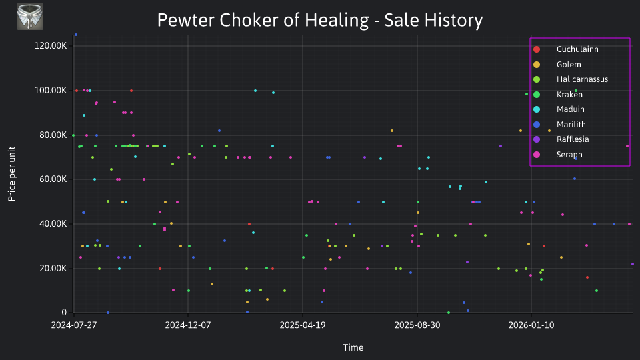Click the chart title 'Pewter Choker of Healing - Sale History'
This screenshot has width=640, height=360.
coord(320,20)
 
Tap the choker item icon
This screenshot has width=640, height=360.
coord(30,17)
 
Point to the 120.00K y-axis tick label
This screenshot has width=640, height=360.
coord(51,46)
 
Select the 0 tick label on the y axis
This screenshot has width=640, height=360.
coord(64,312)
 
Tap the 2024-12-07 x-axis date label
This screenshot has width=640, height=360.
coord(188,325)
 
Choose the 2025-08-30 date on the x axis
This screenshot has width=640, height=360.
coord(417,325)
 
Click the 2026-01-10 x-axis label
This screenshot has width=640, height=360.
coord(531,325)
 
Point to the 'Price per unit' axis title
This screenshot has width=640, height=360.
coord(12,174)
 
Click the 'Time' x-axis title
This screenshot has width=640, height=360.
coord(353,347)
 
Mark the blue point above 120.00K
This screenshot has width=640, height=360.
coord(76,35)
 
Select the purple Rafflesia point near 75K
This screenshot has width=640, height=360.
coord(501,146)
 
